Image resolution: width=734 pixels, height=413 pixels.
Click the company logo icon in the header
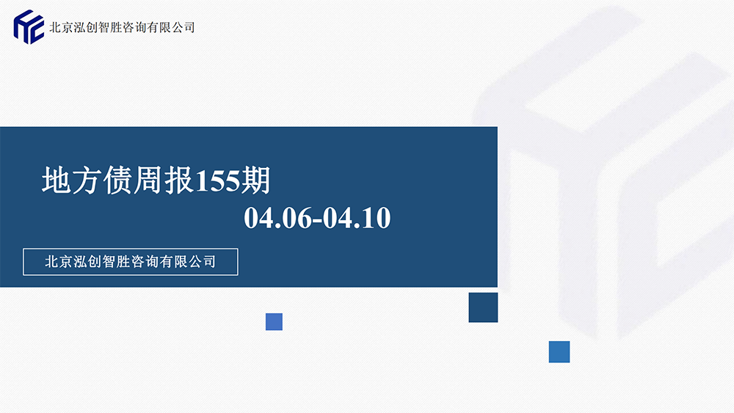(x=29, y=27)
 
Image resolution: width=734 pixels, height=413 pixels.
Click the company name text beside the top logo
(x=122, y=28)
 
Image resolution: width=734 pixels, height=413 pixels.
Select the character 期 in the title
(x=255, y=180)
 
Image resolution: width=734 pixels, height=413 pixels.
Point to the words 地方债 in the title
(x=87, y=180)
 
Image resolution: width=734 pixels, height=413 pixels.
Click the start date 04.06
(x=278, y=218)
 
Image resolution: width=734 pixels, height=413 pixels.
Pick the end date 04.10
(x=357, y=218)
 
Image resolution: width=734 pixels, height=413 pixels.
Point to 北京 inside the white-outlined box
(x=59, y=261)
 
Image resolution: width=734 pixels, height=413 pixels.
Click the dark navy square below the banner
(x=483, y=307)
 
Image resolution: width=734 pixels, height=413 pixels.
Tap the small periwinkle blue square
(x=274, y=322)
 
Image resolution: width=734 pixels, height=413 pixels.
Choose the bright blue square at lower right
(x=559, y=351)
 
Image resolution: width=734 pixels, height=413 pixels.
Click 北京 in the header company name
(x=62, y=28)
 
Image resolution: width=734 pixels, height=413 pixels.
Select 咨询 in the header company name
(x=134, y=28)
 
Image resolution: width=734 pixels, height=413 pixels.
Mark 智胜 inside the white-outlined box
(x=116, y=261)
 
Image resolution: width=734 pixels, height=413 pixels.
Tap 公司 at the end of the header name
(x=183, y=28)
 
